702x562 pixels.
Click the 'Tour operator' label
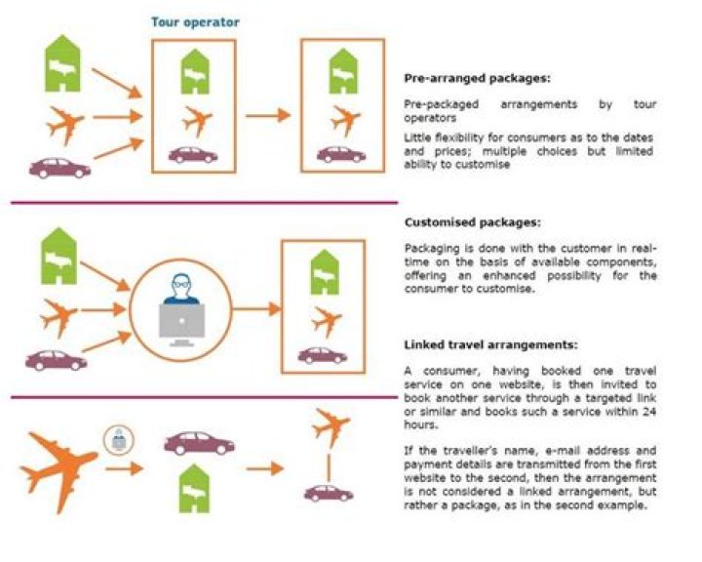195,21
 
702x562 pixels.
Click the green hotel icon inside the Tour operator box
193,71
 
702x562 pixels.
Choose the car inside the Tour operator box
193,154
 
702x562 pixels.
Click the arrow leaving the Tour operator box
267,115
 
